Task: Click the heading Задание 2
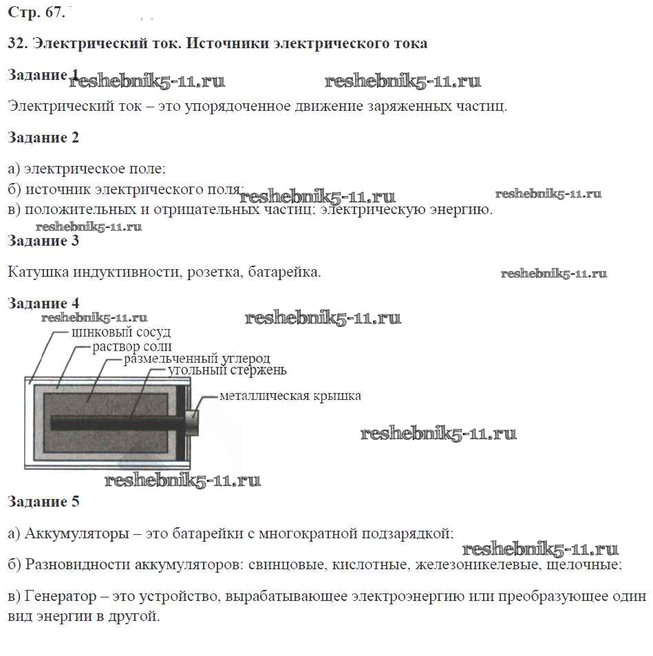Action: click(43, 138)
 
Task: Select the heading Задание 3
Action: click(43, 241)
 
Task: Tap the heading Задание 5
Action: click(43, 502)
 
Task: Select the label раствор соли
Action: click(132, 346)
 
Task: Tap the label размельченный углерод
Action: click(197, 359)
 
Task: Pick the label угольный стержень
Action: click(227, 370)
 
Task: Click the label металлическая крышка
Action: click(290, 396)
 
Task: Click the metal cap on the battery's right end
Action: click(192, 422)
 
